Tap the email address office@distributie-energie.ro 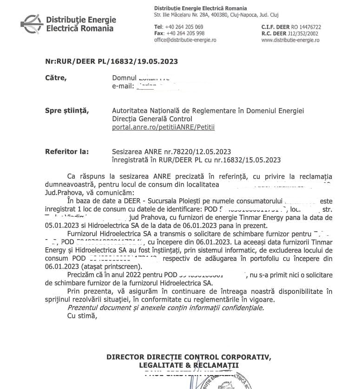185,40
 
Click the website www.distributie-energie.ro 290,40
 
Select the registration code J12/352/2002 304,33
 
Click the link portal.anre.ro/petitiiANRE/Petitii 164,126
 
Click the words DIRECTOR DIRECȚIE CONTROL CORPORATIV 188,357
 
